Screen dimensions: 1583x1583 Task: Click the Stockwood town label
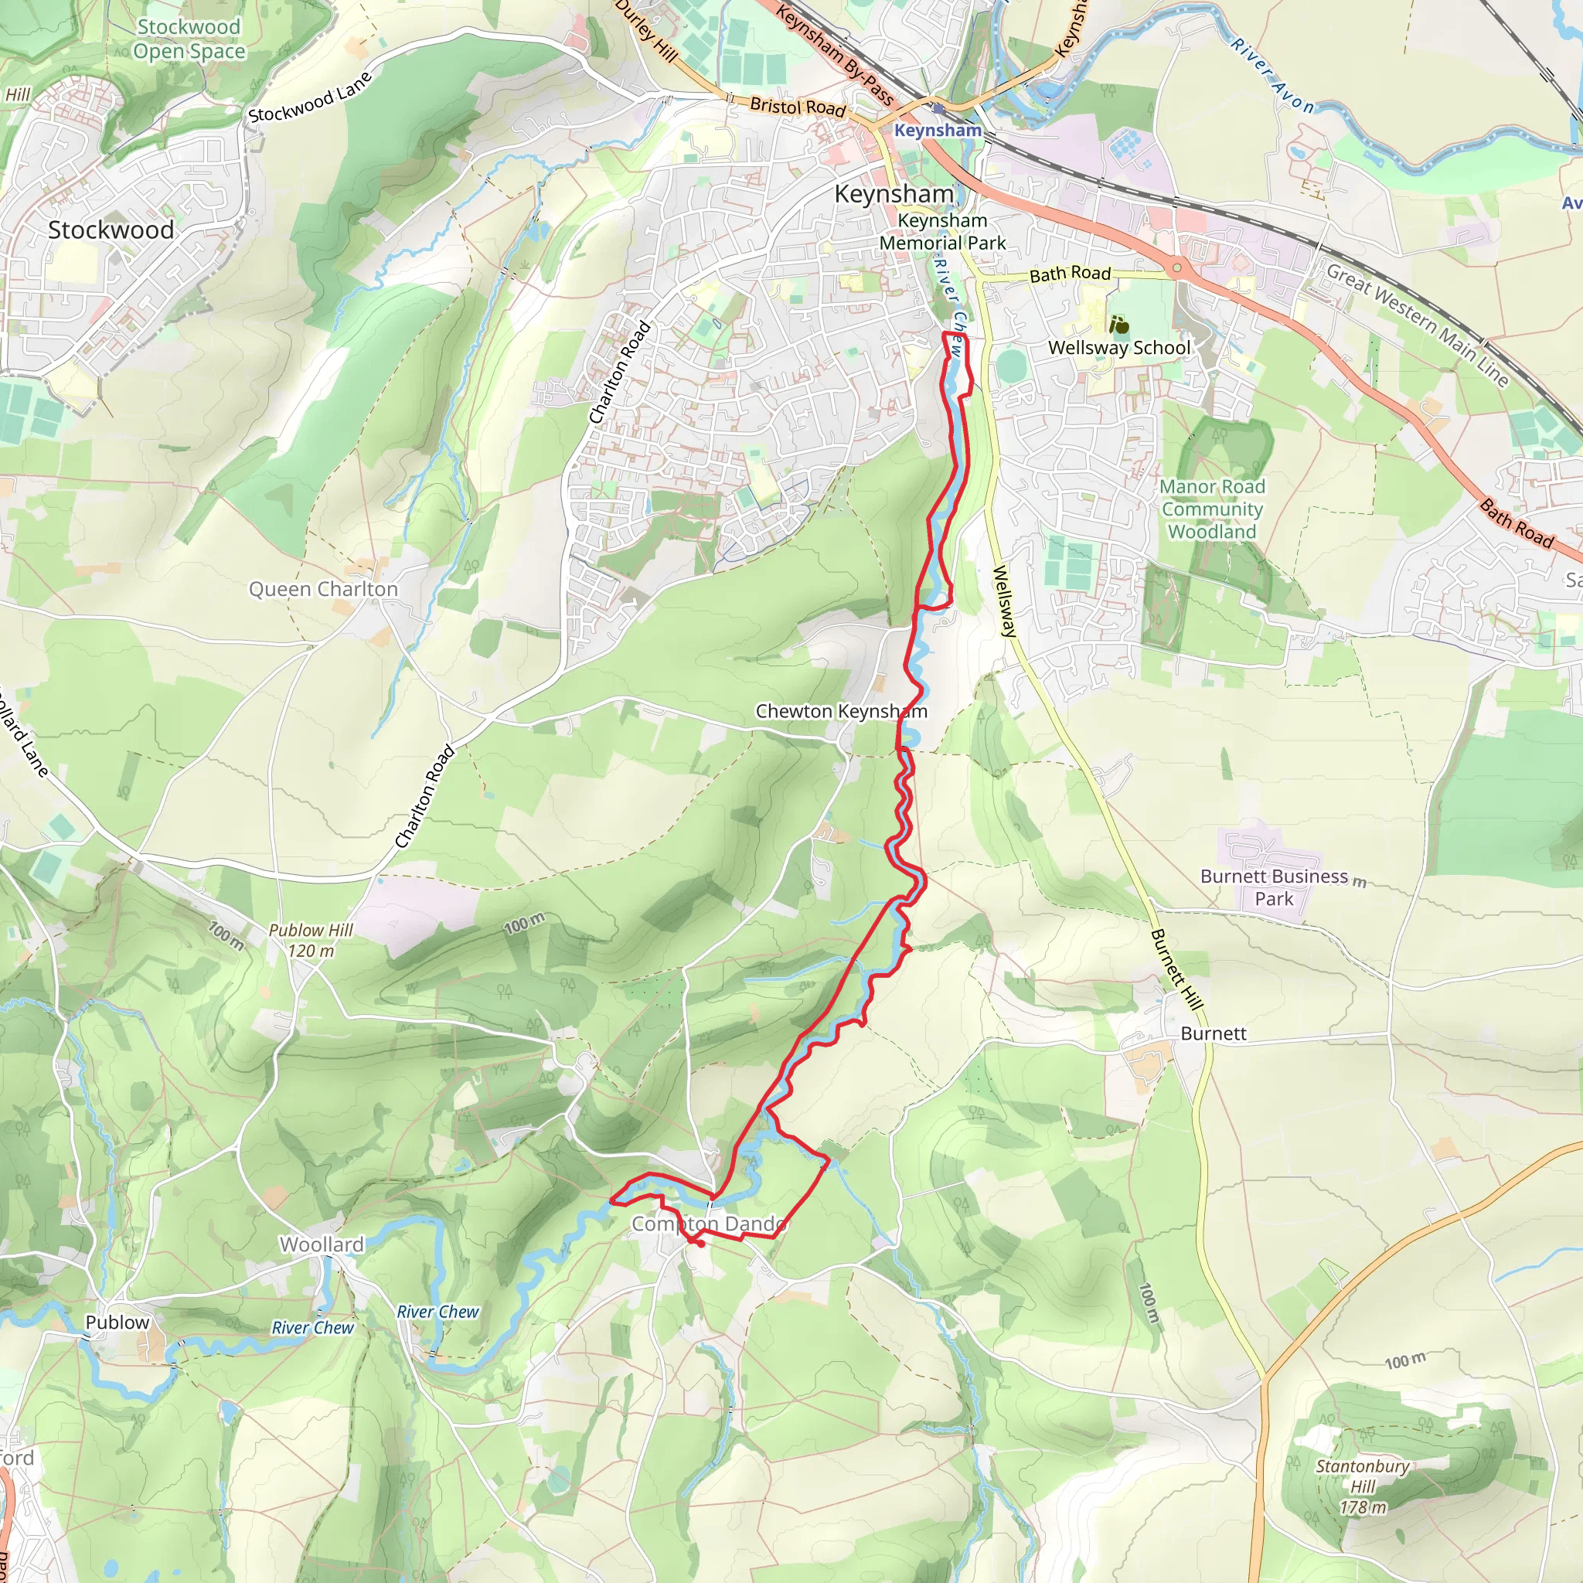pos(111,230)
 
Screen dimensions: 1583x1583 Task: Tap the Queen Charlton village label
pos(323,589)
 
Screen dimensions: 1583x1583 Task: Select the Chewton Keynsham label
pos(841,711)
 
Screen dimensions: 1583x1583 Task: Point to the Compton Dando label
pos(709,1224)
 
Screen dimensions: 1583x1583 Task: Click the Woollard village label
pos(322,1244)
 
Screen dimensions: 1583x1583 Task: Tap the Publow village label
pos(117,1323)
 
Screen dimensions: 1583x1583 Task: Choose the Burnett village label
pos(1213,1034)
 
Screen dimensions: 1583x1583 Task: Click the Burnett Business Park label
pos(1273,887)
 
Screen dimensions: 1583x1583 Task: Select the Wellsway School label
pos(1119,347)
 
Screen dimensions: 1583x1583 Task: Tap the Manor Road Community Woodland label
pos(1212,509)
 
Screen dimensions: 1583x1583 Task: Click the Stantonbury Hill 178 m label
pos(1363,1486)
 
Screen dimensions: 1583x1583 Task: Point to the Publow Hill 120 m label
pos(311,941)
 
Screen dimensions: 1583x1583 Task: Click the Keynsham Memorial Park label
pos(942,232)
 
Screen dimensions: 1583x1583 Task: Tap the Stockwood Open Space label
pos(189,39)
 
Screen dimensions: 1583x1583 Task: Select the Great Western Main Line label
pos(1418,325)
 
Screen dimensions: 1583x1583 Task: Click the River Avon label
pos(1272,77)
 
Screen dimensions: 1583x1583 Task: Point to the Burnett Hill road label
pos(1176,970)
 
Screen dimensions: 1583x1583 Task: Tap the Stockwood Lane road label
pos(310,98)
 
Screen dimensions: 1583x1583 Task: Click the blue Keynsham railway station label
pos(938,131)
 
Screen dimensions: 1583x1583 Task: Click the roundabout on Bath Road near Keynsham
pos(1176,267)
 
